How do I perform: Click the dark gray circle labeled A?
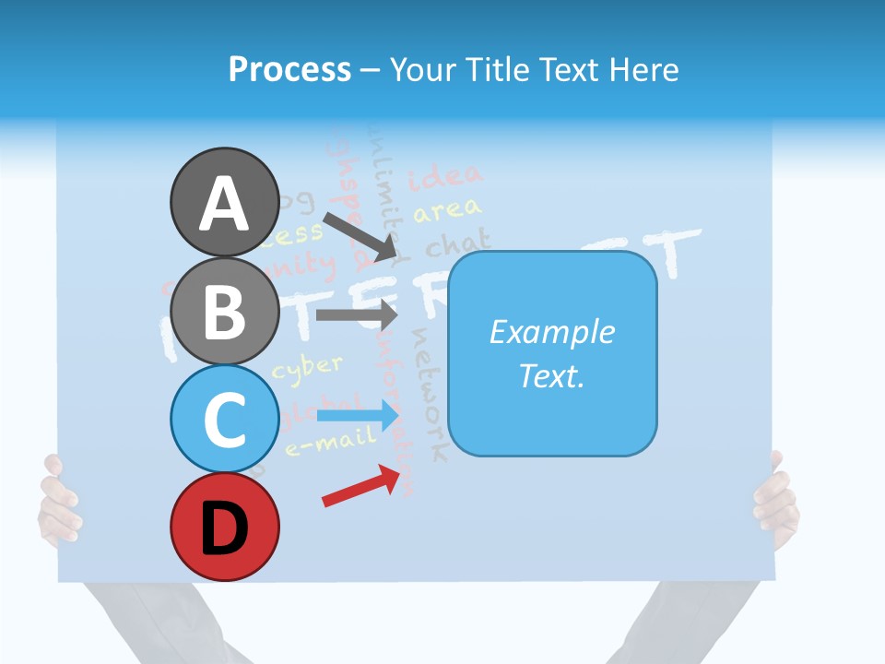[x=224, y=202]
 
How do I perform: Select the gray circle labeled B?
[x=224, y=311]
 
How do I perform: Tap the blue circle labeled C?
[x=224, y=419]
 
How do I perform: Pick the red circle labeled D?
[x=224, y=528]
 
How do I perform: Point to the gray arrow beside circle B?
[x=355, y=314]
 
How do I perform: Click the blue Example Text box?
[x=552, y=354]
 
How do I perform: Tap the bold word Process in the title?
[x=289, y=69]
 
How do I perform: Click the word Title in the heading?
[x=503, y=69]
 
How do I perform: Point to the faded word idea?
[x=445, y=174]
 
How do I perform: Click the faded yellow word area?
[x=447, y=211]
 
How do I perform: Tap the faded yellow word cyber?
[x=308, y=366]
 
